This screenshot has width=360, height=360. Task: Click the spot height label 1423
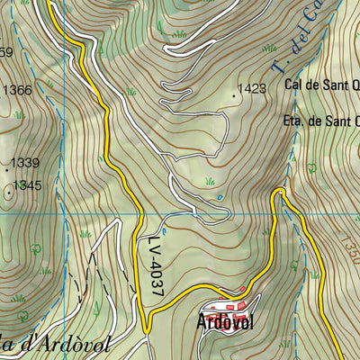point(253,89)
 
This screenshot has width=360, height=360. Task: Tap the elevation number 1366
point(17,90)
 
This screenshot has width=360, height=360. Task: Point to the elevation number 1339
point(26,163)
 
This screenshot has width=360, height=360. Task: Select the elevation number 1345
point(28,185)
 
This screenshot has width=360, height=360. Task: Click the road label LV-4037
point(155,265)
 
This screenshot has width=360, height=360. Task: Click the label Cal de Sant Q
point(322,85)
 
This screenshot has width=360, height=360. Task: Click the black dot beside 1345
point(9,190)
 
